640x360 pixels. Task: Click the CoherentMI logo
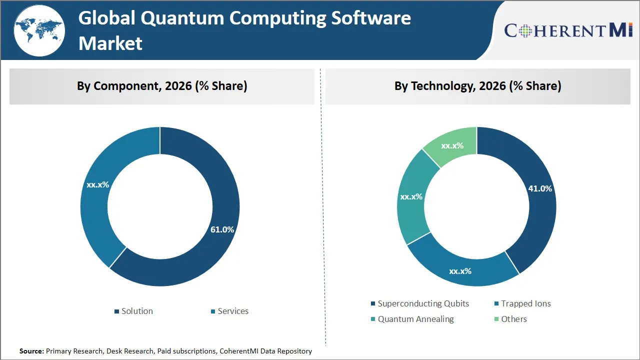(x=568, y=30)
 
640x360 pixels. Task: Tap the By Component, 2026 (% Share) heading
(x=162, y=86)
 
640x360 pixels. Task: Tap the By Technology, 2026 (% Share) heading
(x=477, y=86)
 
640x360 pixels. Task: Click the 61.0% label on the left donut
(x=222, y=229)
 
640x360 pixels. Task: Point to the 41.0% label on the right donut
(x=540, y=188)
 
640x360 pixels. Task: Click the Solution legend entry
(x=133, y=311)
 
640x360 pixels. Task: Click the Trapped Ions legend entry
(x=522, y=303)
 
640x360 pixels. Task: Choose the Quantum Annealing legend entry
(x=412, y=319)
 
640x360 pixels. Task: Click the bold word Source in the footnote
(x=31, y=351)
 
